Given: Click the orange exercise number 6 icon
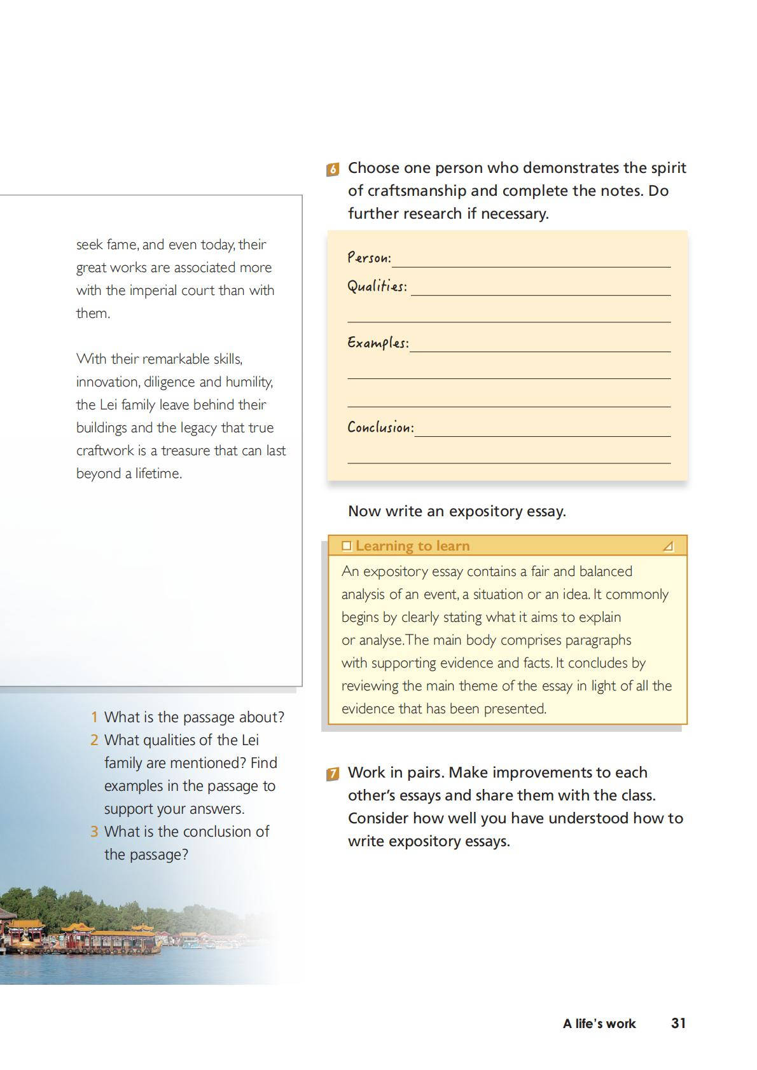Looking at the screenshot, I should (332, 170).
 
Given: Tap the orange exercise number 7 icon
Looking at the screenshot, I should (332, 774).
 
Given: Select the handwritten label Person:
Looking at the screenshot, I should (369, 257).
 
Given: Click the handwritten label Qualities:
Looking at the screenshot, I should (377, 286).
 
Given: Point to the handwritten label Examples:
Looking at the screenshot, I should (378, 343).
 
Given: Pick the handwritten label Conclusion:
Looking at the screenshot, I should (380, 427).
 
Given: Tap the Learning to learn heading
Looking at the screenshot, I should (412, 545).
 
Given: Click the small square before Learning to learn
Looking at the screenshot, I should (347, 545).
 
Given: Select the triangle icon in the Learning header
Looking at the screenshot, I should (668, 546).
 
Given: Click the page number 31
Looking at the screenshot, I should (679, 1023).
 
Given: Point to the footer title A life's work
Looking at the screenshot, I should (599, 1024).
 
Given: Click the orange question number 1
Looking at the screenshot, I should (94, 717).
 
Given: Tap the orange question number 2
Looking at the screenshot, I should (94, 740).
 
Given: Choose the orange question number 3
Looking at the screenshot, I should (94, 832).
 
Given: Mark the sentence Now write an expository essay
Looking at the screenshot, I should (457, 511).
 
